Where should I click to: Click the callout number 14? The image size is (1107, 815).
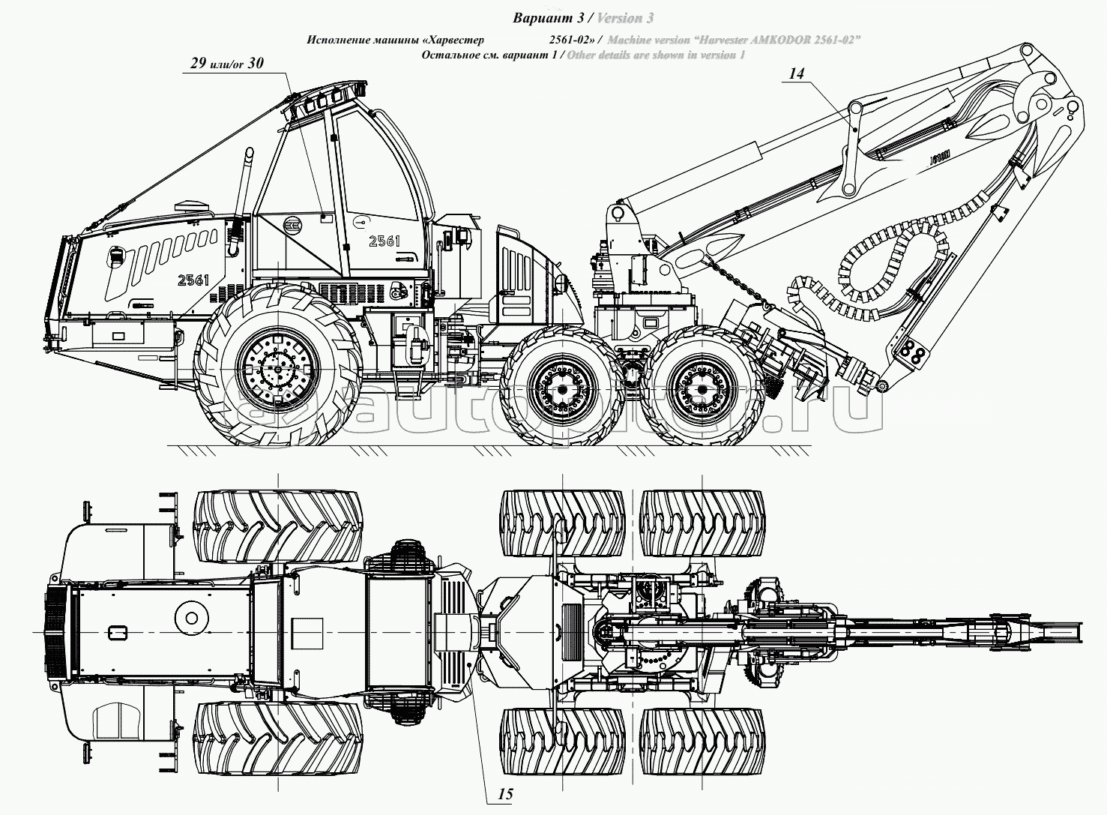point(796,73)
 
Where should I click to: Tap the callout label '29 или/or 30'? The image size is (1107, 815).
point(226,64)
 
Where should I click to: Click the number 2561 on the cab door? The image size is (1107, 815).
point(384,241)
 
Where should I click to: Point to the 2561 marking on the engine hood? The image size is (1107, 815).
point(193,280)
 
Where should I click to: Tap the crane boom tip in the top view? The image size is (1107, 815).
point(1064,631)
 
